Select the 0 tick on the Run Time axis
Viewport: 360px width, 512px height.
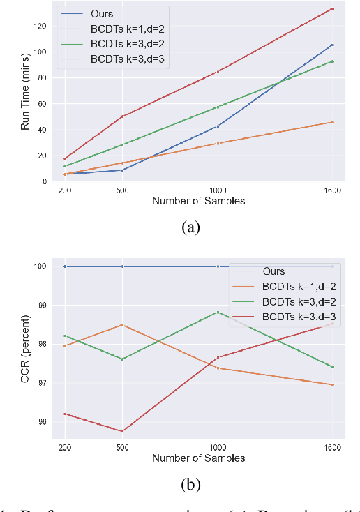coord(45,181)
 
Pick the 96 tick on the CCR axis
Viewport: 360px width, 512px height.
coord(43,421)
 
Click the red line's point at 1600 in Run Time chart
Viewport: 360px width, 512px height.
coord(332,9)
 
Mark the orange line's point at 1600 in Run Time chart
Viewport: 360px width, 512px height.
coord(332,122)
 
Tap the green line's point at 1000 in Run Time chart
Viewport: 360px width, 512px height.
coord(218,107)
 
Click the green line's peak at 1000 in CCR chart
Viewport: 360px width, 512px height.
coord(218,312)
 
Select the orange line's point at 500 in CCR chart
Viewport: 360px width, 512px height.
coord(123,325)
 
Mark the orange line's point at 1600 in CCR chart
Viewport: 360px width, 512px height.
coord(332,384)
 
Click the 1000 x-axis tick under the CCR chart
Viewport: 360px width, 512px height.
coord(218,447)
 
